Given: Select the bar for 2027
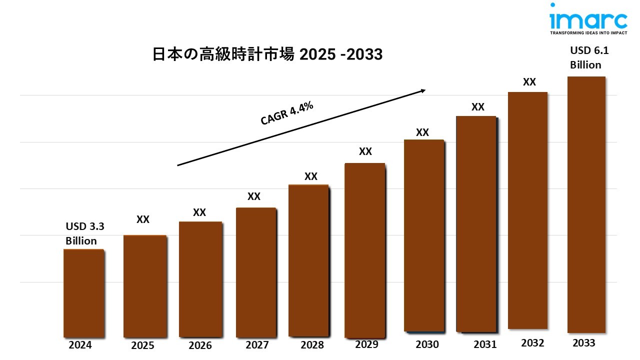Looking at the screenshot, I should (256, 272).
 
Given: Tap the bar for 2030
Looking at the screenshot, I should (424, 235).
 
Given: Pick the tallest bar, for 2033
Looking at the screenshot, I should (586, 205).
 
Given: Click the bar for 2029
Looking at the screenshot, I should (365, 250).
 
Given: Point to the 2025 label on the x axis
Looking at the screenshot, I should (143, 345).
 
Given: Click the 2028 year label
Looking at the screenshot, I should (312, 345).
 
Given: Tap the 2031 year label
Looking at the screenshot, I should (485, 344).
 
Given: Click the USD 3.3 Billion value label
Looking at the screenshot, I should (84, 233).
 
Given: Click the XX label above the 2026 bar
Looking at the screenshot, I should (199, 212).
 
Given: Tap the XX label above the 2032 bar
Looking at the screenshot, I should (529, 82).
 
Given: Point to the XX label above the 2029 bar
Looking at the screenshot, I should (365, 151).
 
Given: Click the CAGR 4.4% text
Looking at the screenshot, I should (286, 113).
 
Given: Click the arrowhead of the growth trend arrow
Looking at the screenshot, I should (422, 90).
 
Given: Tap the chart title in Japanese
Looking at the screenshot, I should (267, 54).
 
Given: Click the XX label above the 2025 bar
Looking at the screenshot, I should (143, 219).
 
